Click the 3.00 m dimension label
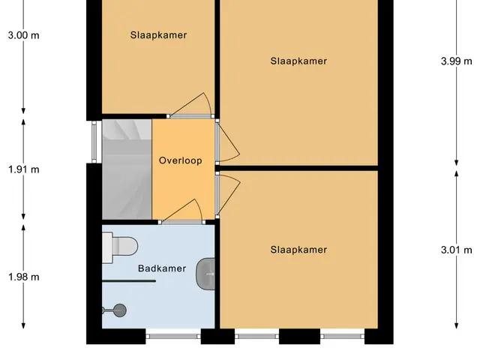[x=23, y=35]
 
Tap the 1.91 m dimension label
[x=23, y=169]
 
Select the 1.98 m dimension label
[x=23, y=277]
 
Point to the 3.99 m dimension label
[x=457, y=61]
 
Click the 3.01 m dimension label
[x=457, y=250]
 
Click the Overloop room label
[x=181, y=160]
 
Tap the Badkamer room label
[x=162, y=268]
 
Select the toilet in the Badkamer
[x=120, y=247]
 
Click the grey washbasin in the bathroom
[x=205, y=274]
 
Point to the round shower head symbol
[x=120, y=310]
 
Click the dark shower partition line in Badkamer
[x=129, y=280]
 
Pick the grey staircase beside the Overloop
[x=127, y=169]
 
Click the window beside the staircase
[x=94, y=142]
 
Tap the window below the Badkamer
[x=173, y=336]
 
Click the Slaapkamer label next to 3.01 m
[x=298, y=250]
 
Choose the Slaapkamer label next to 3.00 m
[x=158, y=35]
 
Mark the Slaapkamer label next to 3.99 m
[x=298, y=61]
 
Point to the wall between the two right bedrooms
[x=298, y=168]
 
